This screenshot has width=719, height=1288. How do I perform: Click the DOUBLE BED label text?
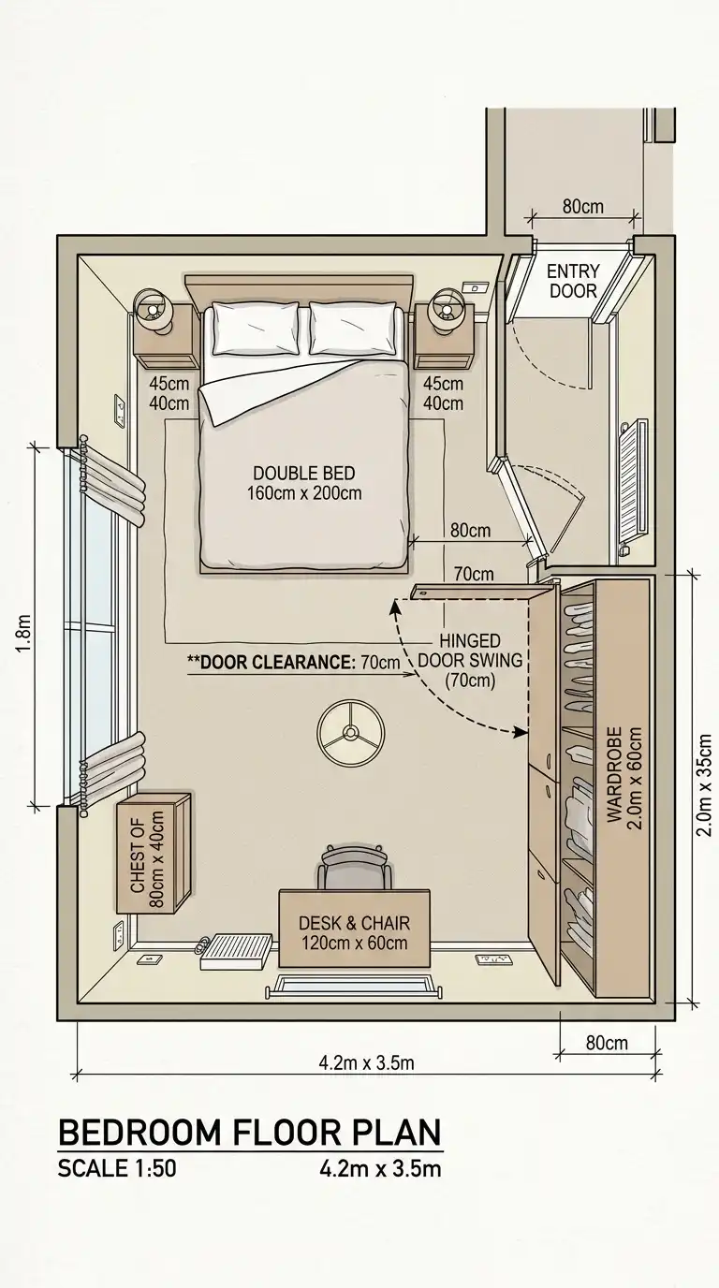pos(303,483)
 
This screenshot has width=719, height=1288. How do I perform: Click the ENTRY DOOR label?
pos(573,281)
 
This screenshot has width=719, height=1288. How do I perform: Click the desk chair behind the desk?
pos(354,869)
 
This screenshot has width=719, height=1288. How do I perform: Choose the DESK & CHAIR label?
pos(354,932)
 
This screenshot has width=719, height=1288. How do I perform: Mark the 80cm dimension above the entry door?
pos(582,206)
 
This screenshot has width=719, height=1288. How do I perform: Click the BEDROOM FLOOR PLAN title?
pos(249,1132)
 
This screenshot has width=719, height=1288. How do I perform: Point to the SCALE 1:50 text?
pos(117,1167)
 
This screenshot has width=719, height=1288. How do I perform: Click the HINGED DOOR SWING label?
pos(471,661)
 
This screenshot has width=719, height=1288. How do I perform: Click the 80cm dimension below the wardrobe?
pos(606,1042)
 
